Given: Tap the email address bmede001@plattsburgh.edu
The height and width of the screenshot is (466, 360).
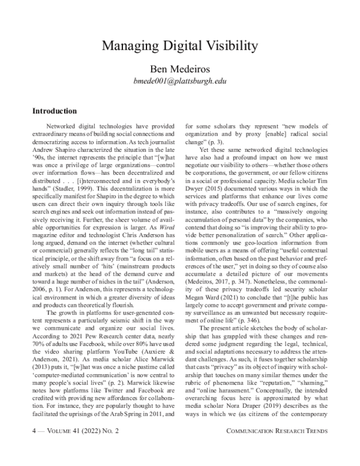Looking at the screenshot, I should (x=179, y=80).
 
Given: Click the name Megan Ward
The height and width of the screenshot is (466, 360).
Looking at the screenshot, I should (x=202, y=306).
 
